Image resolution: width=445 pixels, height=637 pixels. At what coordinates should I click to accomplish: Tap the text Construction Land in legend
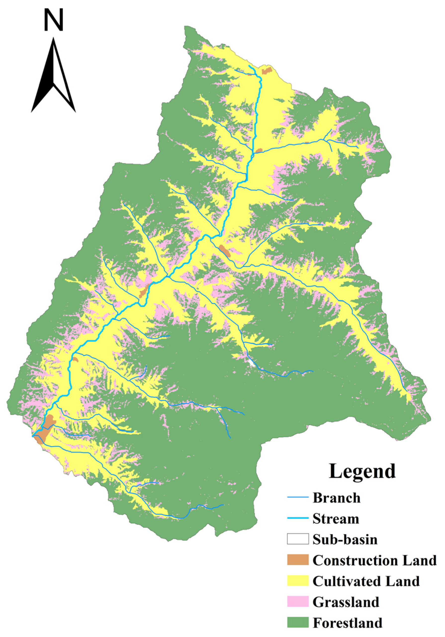tap(374, 560)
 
